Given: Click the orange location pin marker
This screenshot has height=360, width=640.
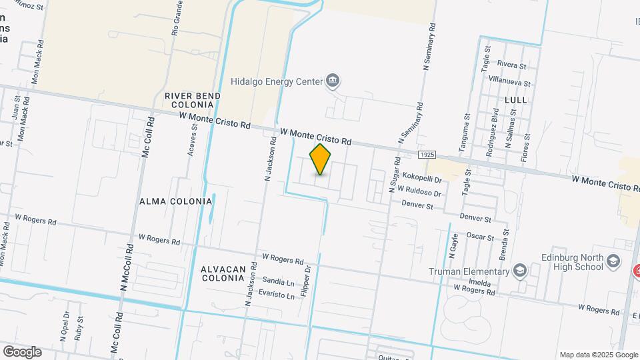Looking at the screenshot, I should point(321,159).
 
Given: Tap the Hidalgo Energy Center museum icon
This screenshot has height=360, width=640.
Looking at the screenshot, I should point(333,81).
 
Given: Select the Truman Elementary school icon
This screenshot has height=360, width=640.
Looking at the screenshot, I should point(519,271).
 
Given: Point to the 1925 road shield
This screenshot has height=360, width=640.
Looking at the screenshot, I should point(428,155).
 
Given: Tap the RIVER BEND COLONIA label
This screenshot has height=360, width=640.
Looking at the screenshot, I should point(193,101).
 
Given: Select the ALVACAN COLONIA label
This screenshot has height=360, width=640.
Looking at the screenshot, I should point(223,273).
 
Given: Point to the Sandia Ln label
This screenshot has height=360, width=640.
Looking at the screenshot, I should point(279,281).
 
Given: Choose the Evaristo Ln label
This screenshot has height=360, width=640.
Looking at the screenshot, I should point(277,295).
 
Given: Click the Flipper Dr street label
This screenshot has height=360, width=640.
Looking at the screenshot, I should point(305,281).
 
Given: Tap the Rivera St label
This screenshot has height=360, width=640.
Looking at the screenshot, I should point(512,65).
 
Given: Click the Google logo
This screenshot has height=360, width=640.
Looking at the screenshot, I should point(21,352).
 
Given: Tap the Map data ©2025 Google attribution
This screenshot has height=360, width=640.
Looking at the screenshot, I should point(598,355).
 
